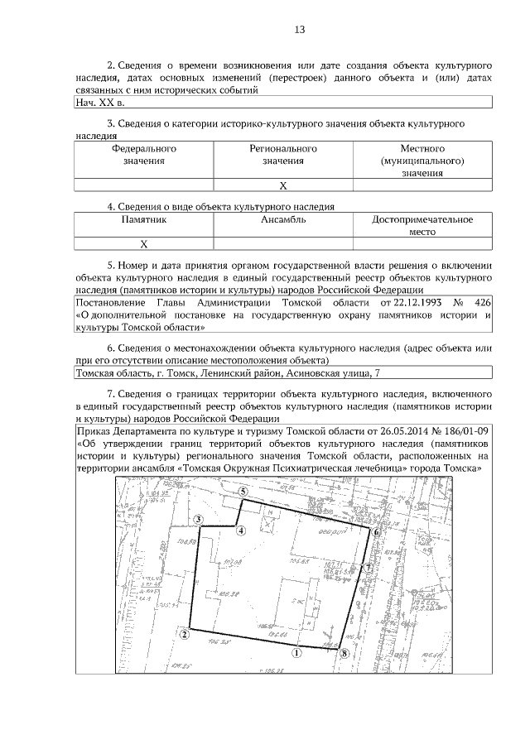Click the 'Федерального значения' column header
coord(144,155)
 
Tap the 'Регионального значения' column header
coord(283,155)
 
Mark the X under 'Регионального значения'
coord(283,185)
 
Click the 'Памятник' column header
coord(144,220)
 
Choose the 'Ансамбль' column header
coord(283,220)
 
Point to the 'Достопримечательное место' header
coord(422,226)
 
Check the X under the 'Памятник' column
coord(144,244)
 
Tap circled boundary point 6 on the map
coord(376,533)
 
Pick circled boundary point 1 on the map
coord(296,652)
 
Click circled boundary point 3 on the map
coord(199,520)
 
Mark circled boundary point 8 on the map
coord(344,653)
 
